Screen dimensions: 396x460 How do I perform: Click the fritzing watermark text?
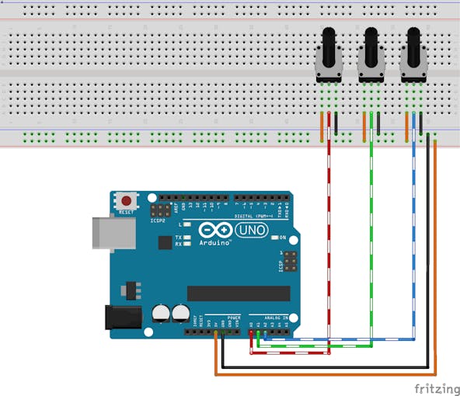[434, 387]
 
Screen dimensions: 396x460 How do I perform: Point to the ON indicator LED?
[274, 237]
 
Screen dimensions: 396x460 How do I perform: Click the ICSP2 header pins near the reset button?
[162, 210]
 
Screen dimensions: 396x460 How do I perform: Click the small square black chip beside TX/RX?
[165, 242]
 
